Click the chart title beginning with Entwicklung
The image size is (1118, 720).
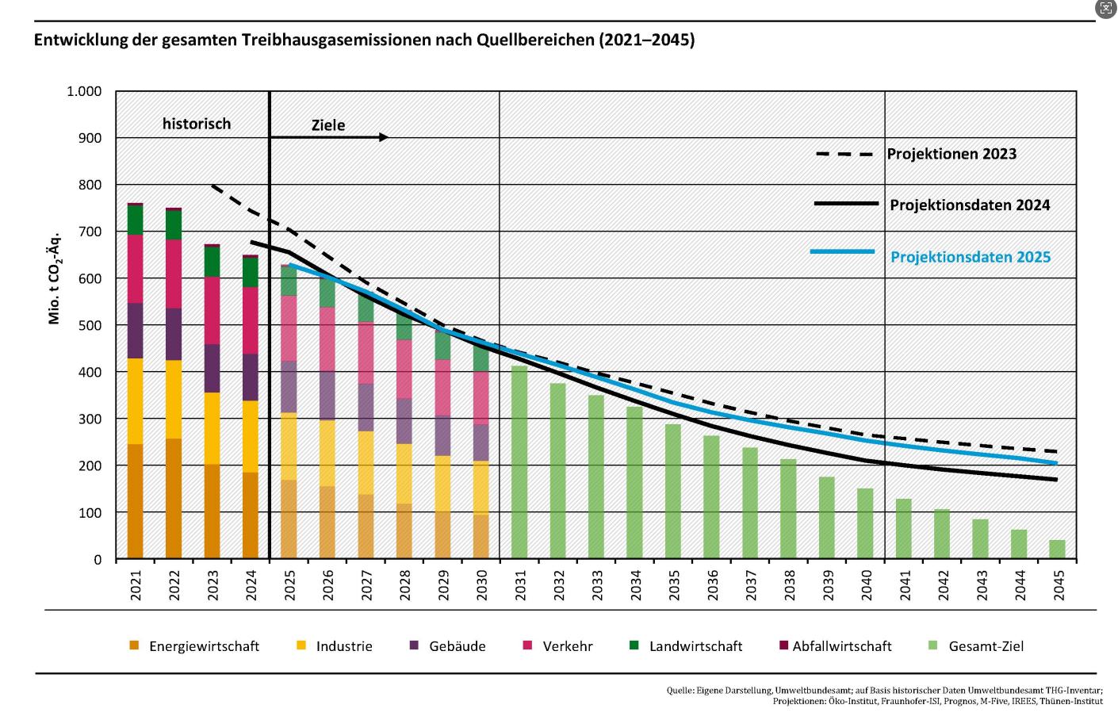coord(364,40)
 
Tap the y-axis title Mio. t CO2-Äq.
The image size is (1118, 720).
coord(55,278)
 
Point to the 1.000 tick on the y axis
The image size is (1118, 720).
coord(84,91)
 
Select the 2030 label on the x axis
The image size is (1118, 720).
coord(482,585)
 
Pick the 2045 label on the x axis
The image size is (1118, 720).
coord(1059,585)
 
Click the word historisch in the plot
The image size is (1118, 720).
coord(197,124)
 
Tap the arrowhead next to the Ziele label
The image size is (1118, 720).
coord(384,137)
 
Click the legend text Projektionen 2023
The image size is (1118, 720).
coord(951,154)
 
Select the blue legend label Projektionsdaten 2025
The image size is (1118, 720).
coord(971,257)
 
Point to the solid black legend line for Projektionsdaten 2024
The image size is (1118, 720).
coord(846,204)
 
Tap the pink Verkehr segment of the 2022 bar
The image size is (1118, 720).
coord(174,274)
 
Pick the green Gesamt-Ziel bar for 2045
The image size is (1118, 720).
coord(1057,550)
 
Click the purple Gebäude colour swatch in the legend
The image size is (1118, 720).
coord(414,645)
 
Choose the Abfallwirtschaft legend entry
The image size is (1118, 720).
coord(841,646)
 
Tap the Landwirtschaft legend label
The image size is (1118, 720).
coord(695,646)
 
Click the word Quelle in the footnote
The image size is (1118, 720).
coord(679,691)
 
